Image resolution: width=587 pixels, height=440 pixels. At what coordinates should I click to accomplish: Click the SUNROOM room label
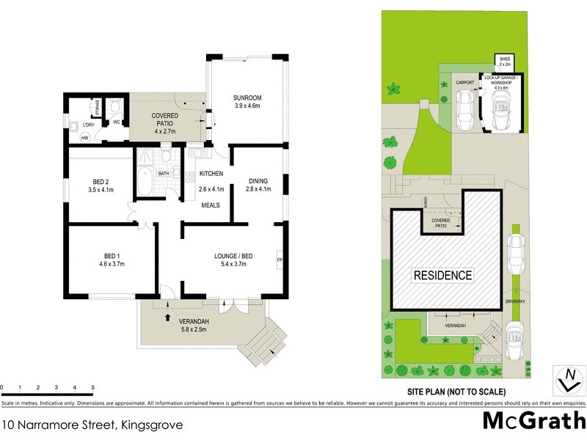247,98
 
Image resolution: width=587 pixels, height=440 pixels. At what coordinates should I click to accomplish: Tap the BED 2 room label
101,181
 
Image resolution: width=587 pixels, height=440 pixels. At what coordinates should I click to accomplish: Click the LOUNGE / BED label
233,256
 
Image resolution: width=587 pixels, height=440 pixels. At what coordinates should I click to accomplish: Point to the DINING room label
258,181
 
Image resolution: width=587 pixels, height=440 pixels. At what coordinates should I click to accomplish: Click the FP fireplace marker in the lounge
279,260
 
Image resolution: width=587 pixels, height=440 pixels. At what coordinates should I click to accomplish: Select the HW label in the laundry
84,138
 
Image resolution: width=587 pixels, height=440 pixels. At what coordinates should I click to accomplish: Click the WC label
116,122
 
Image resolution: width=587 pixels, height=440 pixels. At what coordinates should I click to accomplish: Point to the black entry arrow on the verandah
167,318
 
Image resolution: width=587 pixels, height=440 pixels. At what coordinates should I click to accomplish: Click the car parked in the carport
464,111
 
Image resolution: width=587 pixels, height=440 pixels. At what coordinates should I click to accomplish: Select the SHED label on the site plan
504,59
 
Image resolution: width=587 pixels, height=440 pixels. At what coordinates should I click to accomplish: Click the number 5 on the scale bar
93,386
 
